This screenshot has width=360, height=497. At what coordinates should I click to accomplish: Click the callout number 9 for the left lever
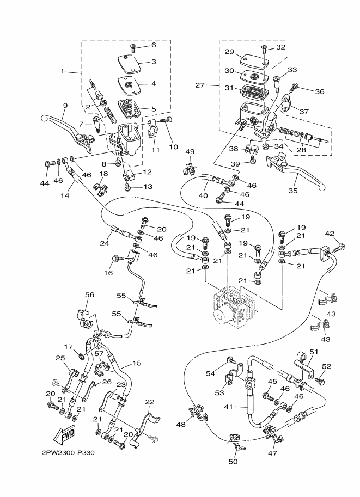click(x=65, y=106)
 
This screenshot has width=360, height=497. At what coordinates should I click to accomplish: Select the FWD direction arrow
click(x=65, y=435)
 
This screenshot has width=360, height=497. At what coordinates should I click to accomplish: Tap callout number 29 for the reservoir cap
click(x=229, y=51)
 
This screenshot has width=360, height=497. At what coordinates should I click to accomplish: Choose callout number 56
click(x=89, y=294)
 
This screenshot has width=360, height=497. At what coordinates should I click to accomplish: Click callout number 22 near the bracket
click(x=150, y=402)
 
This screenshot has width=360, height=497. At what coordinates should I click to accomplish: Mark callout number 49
click(x=190, y=151)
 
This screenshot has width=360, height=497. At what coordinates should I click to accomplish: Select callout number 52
click(x=327, y=366)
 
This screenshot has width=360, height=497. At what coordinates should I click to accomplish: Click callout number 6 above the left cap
click(x=153, y=45)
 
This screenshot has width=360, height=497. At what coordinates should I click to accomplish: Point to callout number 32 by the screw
click(x=280, y=47)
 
